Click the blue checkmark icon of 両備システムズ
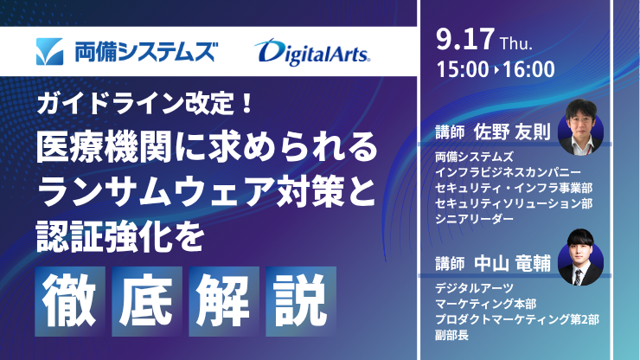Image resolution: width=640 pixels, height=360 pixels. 50,51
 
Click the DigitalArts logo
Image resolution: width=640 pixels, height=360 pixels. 312,52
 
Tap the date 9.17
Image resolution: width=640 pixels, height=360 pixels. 465,40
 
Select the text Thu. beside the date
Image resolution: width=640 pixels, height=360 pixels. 516,43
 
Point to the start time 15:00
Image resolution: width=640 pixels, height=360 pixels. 463,69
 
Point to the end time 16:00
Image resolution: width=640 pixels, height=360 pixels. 528,69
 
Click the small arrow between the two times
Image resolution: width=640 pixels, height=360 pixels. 496,70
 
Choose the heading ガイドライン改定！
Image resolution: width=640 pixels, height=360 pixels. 145,103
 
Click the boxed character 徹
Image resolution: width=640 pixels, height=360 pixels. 70,301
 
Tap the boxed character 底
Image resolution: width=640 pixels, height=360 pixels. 147,301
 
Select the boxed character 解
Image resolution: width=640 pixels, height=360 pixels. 224,301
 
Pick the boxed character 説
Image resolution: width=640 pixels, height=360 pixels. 301,301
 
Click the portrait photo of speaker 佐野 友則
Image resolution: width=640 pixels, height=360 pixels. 580,127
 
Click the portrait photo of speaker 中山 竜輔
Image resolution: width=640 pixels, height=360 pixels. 580,257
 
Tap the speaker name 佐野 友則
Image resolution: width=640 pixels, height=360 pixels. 512,132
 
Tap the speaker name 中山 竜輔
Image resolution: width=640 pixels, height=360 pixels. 512,263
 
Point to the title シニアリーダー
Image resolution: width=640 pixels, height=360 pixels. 474,219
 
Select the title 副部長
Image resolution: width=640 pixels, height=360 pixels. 451,336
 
